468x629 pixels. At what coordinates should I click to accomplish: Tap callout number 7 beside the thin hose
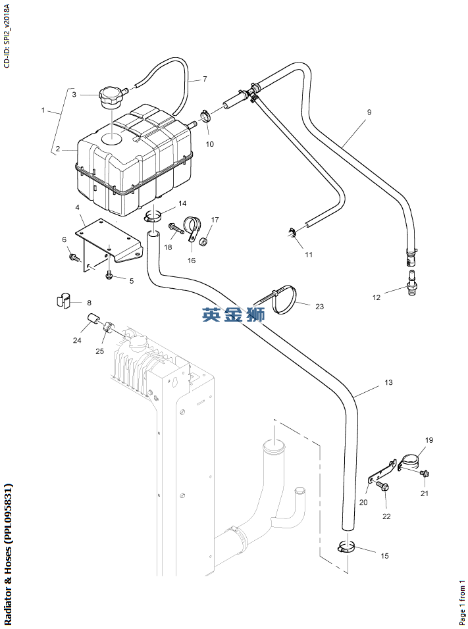(x=205, y=79)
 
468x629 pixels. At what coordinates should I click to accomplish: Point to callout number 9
(x=369, y=113)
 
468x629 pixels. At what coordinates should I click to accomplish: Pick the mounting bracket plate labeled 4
(x=109, y=238)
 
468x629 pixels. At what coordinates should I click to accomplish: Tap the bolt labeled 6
(x=73, y=255)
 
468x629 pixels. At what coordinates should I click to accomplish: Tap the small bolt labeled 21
(x=424, y=473)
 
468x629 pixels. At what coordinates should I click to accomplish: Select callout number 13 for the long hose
(x=388, y=382)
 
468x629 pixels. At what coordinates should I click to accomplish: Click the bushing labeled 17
(x=205, y=243)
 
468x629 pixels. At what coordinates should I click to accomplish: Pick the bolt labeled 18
(x=174, y=228)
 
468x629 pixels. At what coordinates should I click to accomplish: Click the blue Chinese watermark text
(x=233, y=315)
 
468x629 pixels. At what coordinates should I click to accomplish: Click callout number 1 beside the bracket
(x=43, y=111)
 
